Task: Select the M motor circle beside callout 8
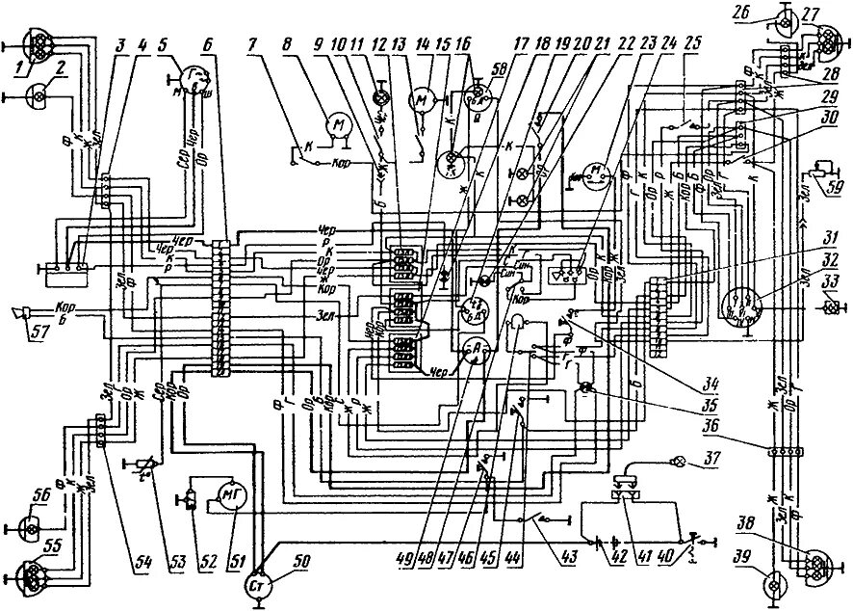pos(337,123)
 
